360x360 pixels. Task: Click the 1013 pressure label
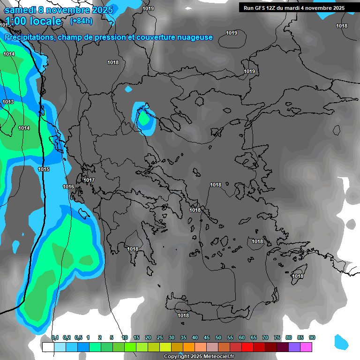(x=8, y=102)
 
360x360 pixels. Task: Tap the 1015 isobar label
(x=44, y=169)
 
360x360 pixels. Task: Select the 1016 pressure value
(x=68, y=187)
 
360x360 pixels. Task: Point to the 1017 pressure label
(x=89, y=180)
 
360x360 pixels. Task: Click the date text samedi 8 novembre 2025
(x=59, y=10)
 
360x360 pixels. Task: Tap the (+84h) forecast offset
(x=81, y=21)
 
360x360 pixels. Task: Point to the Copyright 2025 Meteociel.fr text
(x=199, y=356)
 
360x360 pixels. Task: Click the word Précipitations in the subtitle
(x=29, y=37)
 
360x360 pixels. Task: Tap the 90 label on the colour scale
(x=312, y=337)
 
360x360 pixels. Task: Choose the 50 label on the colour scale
(x=218, y=337)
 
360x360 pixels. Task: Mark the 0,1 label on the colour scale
(x=55, y=337)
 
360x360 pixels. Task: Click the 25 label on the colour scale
(x=160, y=337)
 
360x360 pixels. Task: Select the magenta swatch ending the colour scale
(x=306, y=347)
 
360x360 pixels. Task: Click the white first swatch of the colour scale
(x=48, y=347)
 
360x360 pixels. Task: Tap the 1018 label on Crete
(x=183, y=315)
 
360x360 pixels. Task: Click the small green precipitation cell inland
(x=145, y=120)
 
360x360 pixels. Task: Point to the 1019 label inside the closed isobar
(x=232, y=33)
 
